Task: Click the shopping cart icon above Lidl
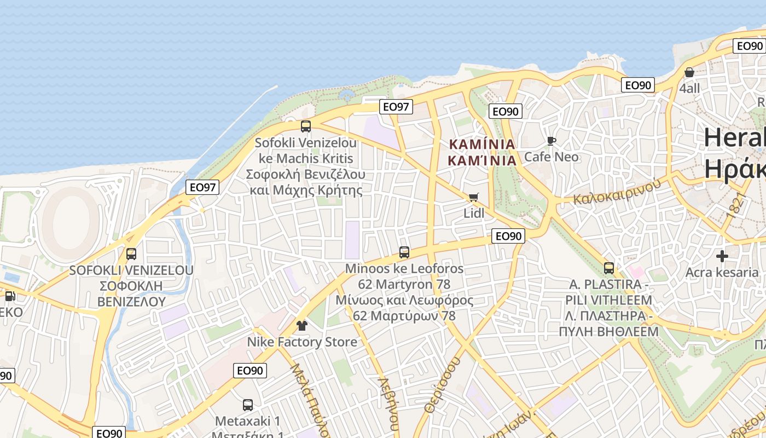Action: tap(473, 197)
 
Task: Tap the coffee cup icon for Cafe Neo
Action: tap(552, 141)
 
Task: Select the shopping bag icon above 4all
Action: tap(689, 72)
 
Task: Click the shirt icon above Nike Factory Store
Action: tap(301, 326)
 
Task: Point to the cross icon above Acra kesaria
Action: tap(722, 256)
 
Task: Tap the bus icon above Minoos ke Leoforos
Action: tap(404, 252)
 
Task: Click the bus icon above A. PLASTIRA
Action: tap(609, 268)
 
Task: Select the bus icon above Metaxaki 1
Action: tap(248, 405)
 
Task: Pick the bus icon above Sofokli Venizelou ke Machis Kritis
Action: tap(306, 126)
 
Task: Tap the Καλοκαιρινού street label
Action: tap(617, 192)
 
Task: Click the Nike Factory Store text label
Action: tap(302, 342)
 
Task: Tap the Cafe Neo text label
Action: tap(551, 157)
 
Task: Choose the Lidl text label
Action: tap(474, 213)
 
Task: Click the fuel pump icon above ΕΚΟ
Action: tap(9, 296)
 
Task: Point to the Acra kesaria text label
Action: tap(722, 272)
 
